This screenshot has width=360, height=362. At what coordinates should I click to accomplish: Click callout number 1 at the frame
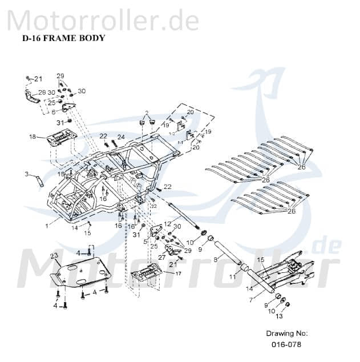pos(47,226)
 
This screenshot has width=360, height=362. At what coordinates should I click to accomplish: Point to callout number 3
pos(26,174)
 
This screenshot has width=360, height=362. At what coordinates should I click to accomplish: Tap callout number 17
pos(179,273)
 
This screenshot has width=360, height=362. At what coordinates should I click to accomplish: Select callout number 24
pos(120,136)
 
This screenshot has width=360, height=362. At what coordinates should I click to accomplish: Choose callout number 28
pos(42,92)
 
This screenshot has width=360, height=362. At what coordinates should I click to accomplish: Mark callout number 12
pos(168,223)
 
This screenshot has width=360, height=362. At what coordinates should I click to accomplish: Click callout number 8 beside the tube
pos(216,259)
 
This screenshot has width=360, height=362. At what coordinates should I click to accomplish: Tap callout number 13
pos(279,316)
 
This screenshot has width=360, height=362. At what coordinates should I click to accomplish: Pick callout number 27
pos(161,258)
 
